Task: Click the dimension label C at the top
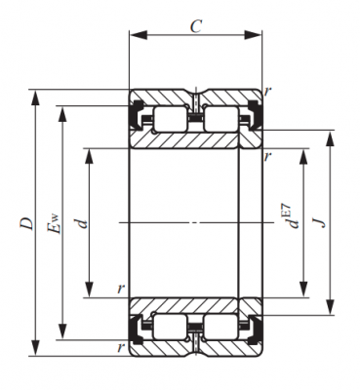[x=196, y=26]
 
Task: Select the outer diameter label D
[x=26, y=223]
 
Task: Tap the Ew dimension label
[x=54, y=223]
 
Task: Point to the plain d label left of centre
[x=81, y=223]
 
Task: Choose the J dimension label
[x=319, y=222]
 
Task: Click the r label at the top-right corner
[x=267, y=92]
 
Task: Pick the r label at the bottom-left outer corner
[x=121, y=347]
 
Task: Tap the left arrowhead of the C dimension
[x=139, y=35]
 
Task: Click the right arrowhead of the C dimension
[x=253, y=35]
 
